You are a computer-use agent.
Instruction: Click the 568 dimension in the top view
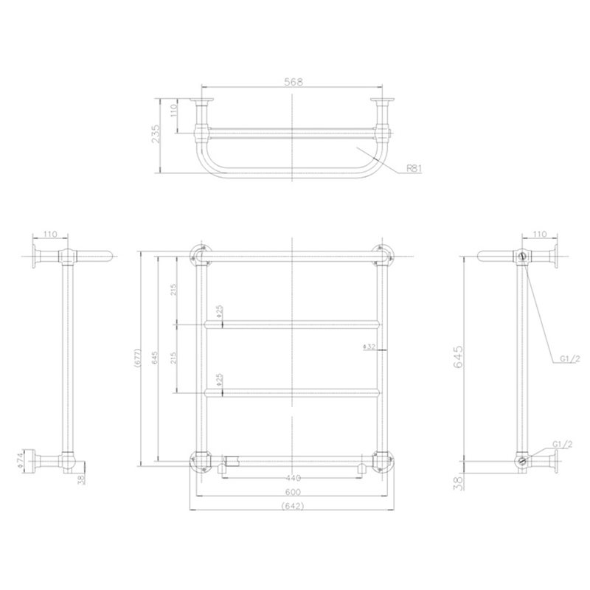click(293, 82)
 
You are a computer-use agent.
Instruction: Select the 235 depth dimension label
click(156, 133)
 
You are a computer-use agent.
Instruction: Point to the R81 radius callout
click(414, 169)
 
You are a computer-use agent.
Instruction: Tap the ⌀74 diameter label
click(21, 460)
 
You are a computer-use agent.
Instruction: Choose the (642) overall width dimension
click(292, 506)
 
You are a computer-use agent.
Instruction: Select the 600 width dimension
click(293, 492)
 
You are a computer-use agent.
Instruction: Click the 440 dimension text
click(293, 478)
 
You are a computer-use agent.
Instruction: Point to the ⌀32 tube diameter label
click(369, 347)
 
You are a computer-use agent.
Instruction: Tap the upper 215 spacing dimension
click(173, 290)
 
